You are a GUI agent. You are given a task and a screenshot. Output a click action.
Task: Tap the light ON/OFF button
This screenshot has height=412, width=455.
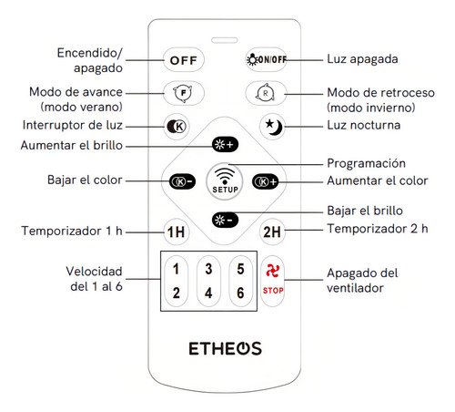(x=266, y=59)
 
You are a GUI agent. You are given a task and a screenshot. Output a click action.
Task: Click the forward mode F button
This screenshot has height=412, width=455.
(x=184, y=93)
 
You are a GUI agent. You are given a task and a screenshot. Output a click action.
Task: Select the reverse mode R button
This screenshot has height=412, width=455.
(x=266, y=93)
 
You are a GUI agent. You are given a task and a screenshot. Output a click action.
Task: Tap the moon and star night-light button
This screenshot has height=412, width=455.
(x=273, y=127)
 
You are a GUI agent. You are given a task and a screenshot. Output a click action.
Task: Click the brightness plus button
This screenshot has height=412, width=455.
(x=225, y=145)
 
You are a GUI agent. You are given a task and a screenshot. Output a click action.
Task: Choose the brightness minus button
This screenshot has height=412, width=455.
(x=225, y=220)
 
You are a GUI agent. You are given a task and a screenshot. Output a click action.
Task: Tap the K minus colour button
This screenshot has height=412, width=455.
(x=182, y=181)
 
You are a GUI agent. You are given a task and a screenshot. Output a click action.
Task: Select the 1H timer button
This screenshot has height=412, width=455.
(x=177, y=232)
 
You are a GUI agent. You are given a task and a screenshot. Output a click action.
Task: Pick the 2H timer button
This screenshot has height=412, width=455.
(x=272, y=232)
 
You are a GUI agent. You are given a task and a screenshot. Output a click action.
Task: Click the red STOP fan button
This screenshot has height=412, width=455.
(x=273, y=281)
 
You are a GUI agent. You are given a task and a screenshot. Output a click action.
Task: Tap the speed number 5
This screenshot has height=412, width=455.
(x=240, y=269)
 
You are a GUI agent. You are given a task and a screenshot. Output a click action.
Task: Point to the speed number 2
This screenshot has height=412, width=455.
(x=176, y=293)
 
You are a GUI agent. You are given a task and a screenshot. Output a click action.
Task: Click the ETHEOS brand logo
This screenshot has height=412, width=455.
(x=225, y=348)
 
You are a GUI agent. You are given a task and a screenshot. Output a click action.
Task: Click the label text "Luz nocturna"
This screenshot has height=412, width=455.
(x=363, y=125)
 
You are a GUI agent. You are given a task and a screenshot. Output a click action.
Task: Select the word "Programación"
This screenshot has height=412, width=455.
(x=366, y=163)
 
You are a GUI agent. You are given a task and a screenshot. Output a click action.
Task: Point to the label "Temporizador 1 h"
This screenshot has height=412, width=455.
(x=72, y=231)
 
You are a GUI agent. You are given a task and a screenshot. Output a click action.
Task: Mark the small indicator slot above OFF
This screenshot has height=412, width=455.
(x=225, y=40)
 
